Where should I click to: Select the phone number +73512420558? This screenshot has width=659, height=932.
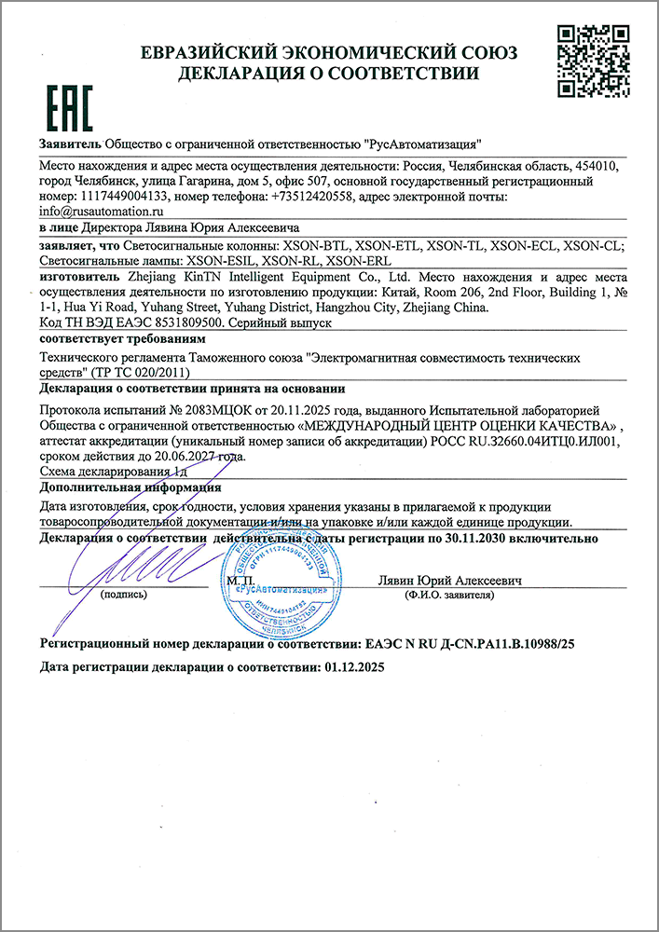point(311,198)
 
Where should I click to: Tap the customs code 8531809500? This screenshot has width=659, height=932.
point(182,322)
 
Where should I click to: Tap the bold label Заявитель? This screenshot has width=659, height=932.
point(70,145)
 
